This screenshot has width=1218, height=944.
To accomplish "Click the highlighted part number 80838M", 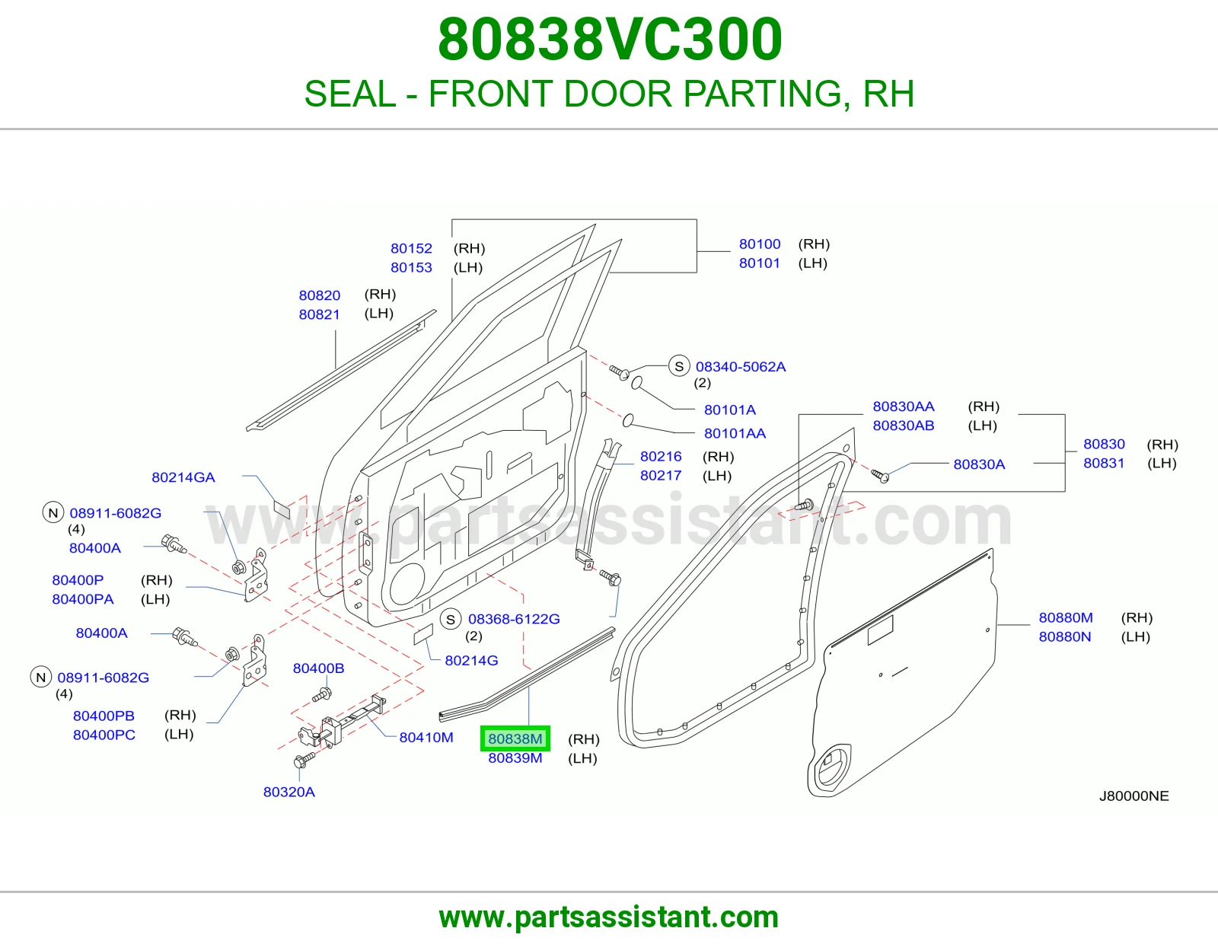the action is [x=515, y=738].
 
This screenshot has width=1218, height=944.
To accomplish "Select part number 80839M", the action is [x=515, y=758].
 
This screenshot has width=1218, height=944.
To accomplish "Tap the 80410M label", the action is [x=426, y=737].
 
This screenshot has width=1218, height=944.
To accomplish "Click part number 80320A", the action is [x=289, y=792].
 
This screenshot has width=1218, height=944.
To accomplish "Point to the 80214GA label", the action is [x=183, y=477].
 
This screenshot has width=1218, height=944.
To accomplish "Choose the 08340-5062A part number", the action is [x=741, y=367].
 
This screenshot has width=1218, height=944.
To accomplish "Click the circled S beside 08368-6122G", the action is [x=451, y=620].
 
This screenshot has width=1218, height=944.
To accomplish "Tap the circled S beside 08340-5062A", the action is [x=679, y=367].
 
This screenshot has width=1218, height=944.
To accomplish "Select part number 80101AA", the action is [x=735, y=433].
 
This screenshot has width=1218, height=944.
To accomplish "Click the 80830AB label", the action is [x=904, y=426].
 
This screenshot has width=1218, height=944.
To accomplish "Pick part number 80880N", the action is [x=1065, y=636].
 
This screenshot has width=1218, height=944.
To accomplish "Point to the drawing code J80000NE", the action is [x=1134, y=796].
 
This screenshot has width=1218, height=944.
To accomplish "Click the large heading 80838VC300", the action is [x=610, y=40].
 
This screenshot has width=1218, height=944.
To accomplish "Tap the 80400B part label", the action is [x=318, y=668].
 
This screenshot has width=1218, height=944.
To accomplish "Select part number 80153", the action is [x=411, y=267].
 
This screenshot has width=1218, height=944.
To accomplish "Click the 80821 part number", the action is [x=320, y=314].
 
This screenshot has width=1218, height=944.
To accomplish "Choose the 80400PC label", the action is [x=104, y=735].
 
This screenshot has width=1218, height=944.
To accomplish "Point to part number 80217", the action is [x=661, y=475].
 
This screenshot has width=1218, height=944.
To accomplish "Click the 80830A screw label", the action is [x=979, y=464].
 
